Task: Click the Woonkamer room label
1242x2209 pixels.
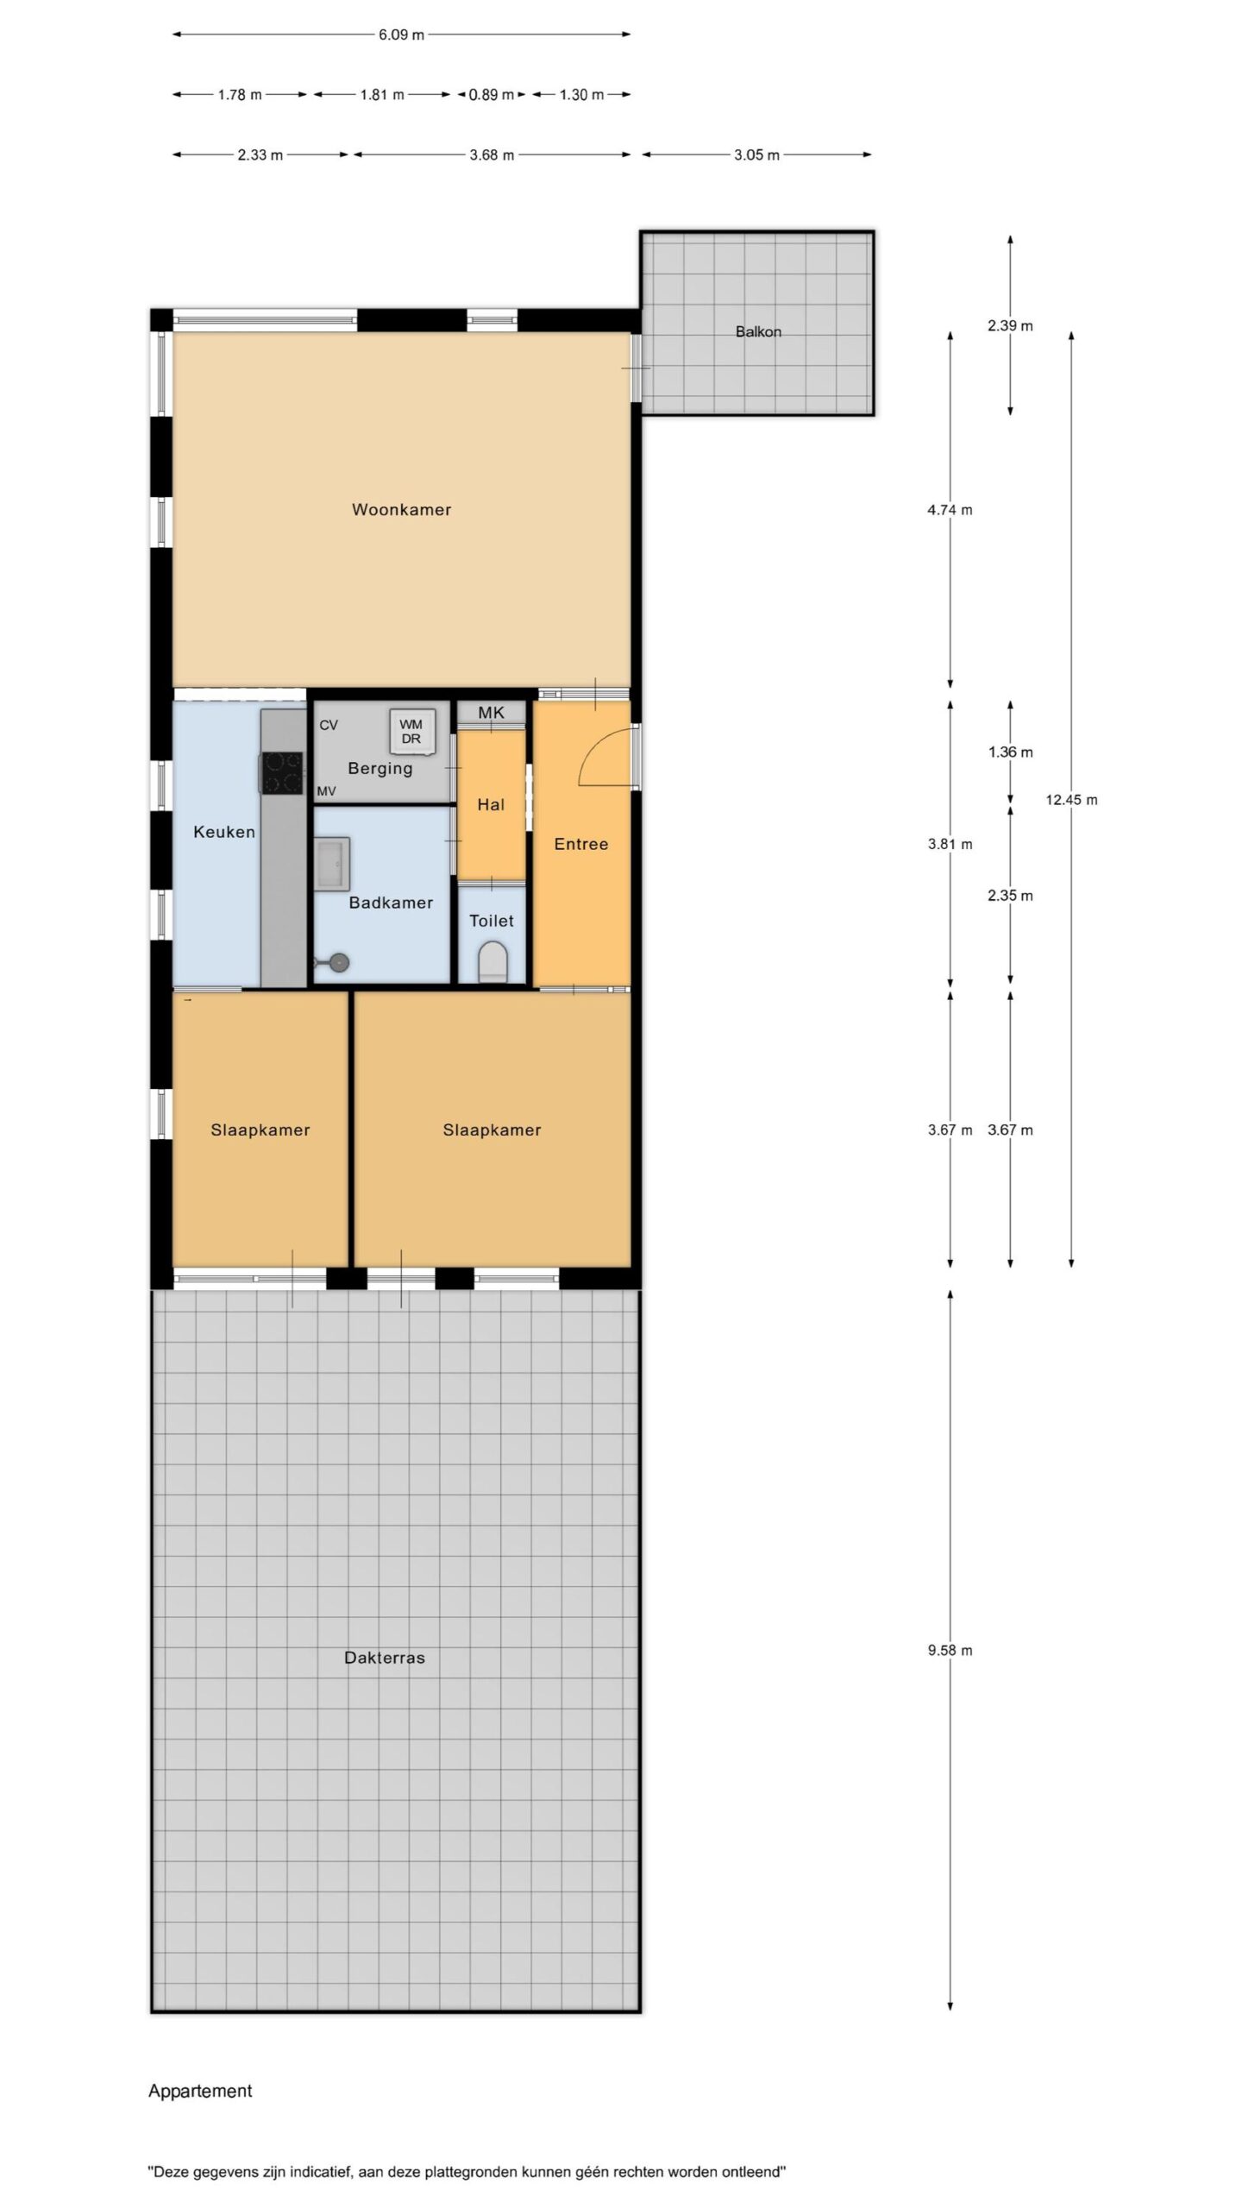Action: pyautogui.click(x=401, y=510)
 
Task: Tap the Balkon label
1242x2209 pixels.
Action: pyautogui.click(x=758, y=331)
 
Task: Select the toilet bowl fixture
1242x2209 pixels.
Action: pyautogui.click(x=492, y=961)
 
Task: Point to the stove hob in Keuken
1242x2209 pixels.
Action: pyautogui.click(x=282, y=772)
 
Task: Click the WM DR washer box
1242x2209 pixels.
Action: pyautogui.click(x=411, y=732)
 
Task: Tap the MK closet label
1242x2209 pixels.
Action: pyautogui.click(x=491, y=714)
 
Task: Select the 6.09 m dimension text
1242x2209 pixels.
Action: pyautogui.click(x=401, y=35)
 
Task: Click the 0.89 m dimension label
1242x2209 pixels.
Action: pyautogui.click(x=491, y=95)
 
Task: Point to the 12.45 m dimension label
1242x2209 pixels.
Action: pyautogui.click(x=1071, y=800)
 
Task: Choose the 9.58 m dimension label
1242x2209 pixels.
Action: pyautogui.click(x=950, y=1651)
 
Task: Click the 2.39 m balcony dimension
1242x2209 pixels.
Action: pyautogui.click(x=1010, y=326)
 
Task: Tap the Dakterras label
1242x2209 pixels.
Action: pyautogui.click(x=385, y=1658)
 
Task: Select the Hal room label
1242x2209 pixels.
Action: pyautogui.click(x=491, y=804)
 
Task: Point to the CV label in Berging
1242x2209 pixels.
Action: pyautogui.click(x=329, y=726)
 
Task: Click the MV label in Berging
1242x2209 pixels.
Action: pyautogui.click(x=326, y=791)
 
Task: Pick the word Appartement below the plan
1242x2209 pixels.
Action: pyautogui.click(x=200, y=2091)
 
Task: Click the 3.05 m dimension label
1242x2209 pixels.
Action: pyautogui.click(x=756, y=155)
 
